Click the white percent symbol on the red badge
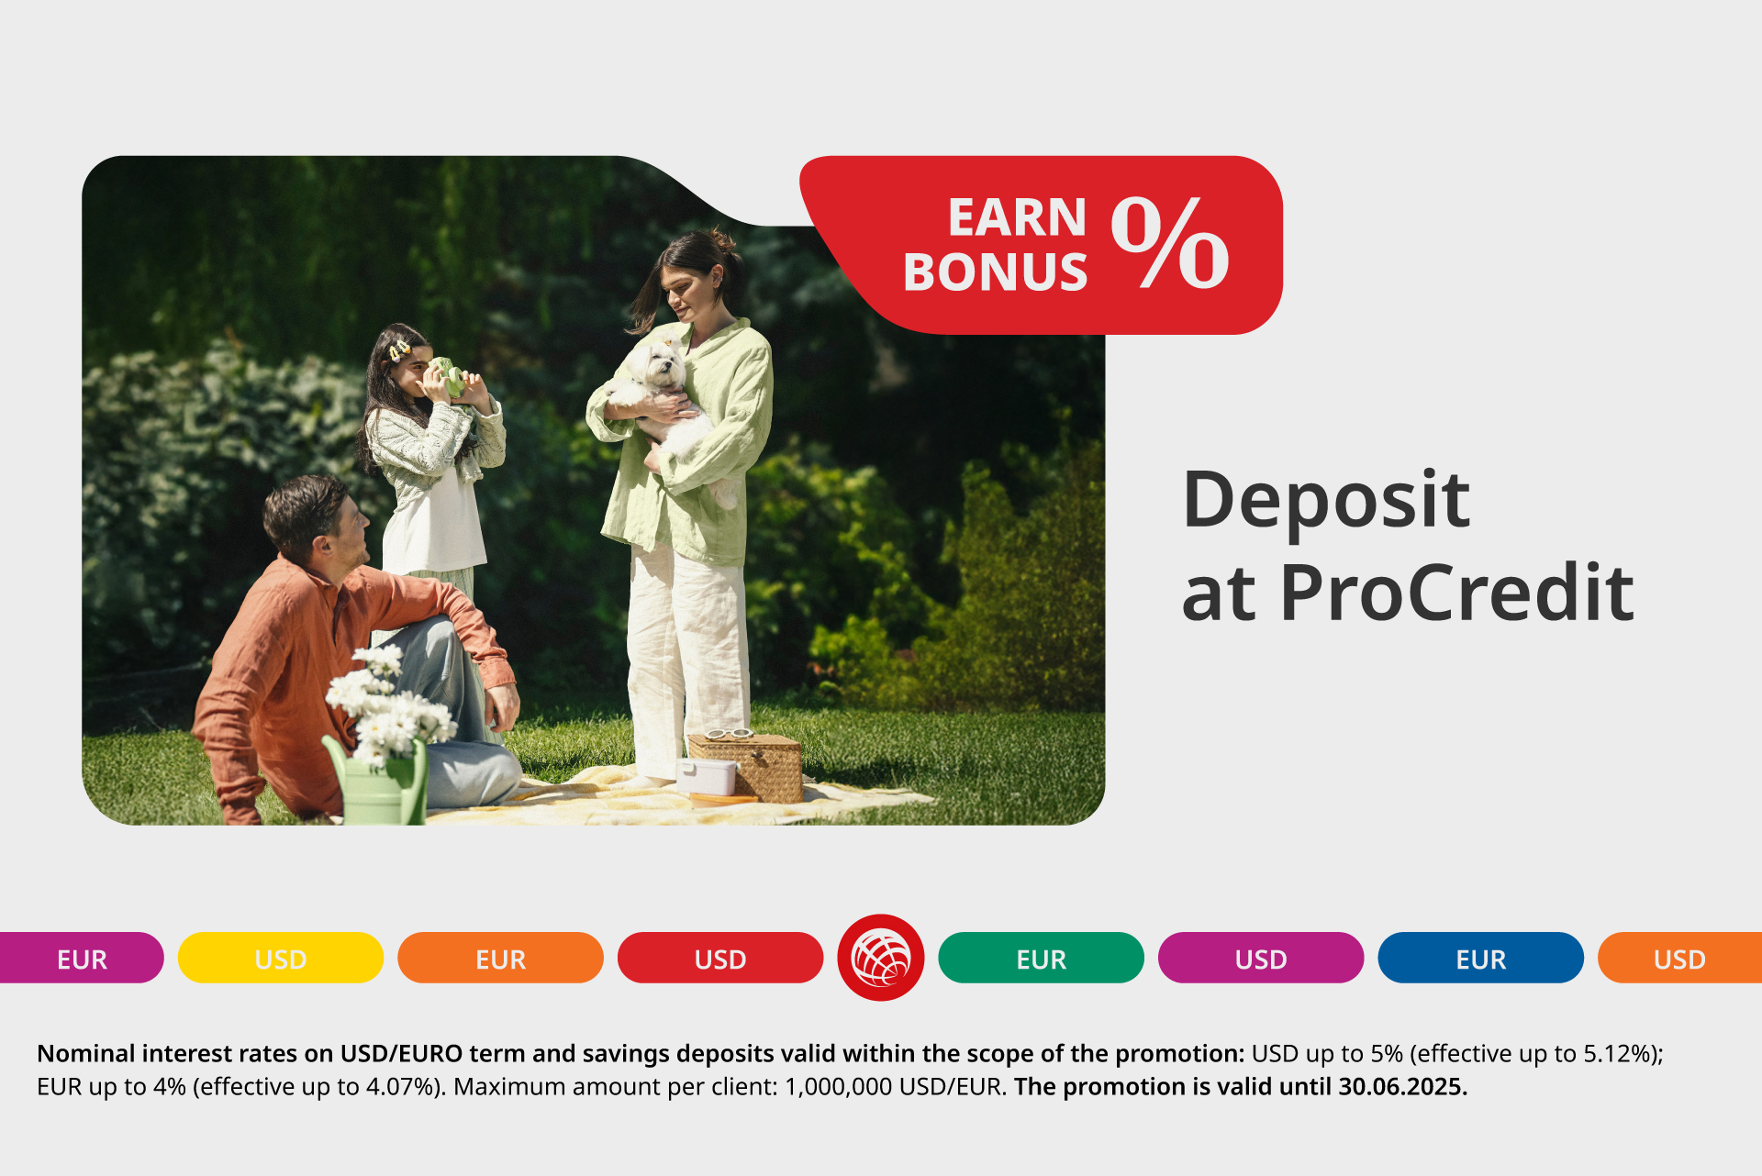pyautogui.click(x=1170, y=243)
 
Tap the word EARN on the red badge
pyautogui.click(x=1017, y=217)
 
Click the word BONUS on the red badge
pyautogui.click(x=995, y=272)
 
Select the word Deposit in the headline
pyautogui.click(x=1326, y=501)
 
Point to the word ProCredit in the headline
pyautogui.click(x=1457, y=593)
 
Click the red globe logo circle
pyautogui.click(x=880, y=958)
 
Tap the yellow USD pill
pyautogui.click(x=281, y=958)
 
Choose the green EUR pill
pyautogui.click(x=1041, y=958)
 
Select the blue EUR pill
pyautogui.click(x=1480, y=958)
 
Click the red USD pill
pyautogui.click(x=720, y=958)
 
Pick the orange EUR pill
pyautogui.click(x=500, y=958)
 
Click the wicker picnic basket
pyautogui.click(x=745, y=766)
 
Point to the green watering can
pyautogui.click(x=378, y=781)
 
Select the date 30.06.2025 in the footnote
pyautogui.click(x=1402, y=1087)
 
